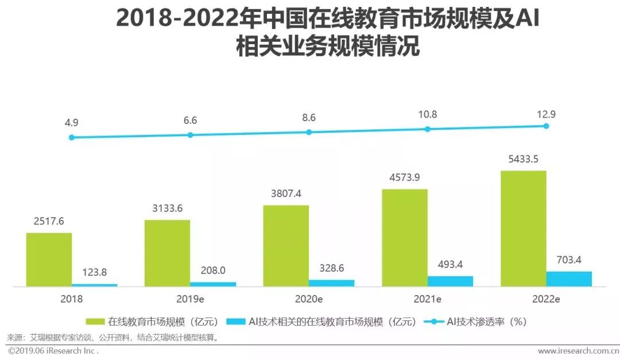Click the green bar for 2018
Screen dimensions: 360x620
tap(49, 260)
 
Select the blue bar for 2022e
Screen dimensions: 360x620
tap(568, 278)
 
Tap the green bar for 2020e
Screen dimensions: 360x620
tap(286, 246)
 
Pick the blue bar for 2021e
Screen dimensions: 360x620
tap(450, 281)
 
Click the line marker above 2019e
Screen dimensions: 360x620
tap(190, 135)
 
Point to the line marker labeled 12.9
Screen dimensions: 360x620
tap(546, 126)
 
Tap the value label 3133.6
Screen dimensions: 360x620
tap(167, 208)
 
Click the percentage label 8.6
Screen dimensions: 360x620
tap(309, 117)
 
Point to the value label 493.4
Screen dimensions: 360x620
tap(450, 265)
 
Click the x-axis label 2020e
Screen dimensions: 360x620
tap(308, 299)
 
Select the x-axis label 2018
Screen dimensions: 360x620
tap(71, 299)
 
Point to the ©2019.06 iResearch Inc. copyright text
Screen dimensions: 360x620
tap(53, 350)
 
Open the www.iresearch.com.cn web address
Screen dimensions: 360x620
tap(576, 350)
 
